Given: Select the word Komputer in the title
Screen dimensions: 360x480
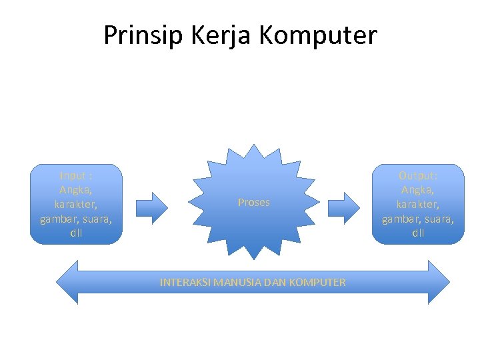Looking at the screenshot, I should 317,35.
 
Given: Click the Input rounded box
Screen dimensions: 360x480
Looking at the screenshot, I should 76,204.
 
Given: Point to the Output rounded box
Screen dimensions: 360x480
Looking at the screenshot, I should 418,204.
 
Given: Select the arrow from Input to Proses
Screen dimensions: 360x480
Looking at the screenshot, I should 152,207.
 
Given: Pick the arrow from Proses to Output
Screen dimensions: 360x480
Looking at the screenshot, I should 344,207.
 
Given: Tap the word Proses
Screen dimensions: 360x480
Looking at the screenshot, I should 254,203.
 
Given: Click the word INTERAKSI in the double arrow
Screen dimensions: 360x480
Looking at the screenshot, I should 183,283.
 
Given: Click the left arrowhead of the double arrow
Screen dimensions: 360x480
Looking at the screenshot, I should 67,282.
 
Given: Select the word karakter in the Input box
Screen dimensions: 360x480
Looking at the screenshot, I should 76,204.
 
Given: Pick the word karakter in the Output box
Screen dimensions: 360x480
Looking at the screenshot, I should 418,204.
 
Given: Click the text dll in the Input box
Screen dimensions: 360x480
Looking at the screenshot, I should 76,233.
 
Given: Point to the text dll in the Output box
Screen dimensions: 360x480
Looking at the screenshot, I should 418,233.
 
